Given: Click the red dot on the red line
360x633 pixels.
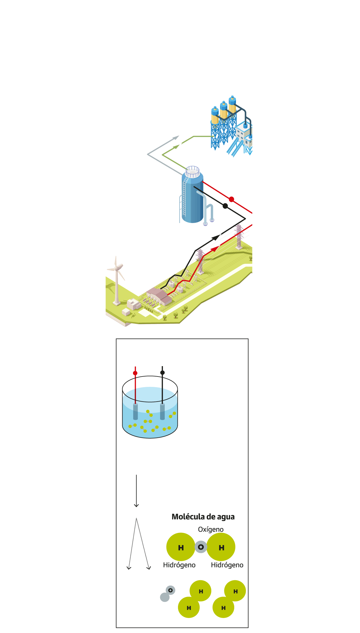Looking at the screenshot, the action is click(x=231, y=199).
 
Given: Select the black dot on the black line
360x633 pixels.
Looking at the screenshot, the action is click(x=225, y=206).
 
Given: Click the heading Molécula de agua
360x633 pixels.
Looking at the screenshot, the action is click(x=203, y=517).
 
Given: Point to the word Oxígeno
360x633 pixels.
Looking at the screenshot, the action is click(x=211, y=529).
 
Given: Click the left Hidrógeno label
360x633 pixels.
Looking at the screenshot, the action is click(x=179, y=565).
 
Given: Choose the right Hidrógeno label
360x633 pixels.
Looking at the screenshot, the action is click(x=227, y=565).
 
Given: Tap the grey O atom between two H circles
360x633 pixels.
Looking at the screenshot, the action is click(x=201, y=547).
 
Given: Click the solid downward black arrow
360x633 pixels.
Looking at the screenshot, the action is click(x=136, y=491).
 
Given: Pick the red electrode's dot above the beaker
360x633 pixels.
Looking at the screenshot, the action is click(x=135, y=373).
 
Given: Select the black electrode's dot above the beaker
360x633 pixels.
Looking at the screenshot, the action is click(x=162, y=372).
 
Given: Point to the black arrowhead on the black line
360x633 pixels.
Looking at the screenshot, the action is click(x=216, y=237).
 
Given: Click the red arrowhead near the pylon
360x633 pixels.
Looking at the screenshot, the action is click(x=215, y=248).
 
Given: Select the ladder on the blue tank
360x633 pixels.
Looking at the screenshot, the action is click(x=184, y=196).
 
